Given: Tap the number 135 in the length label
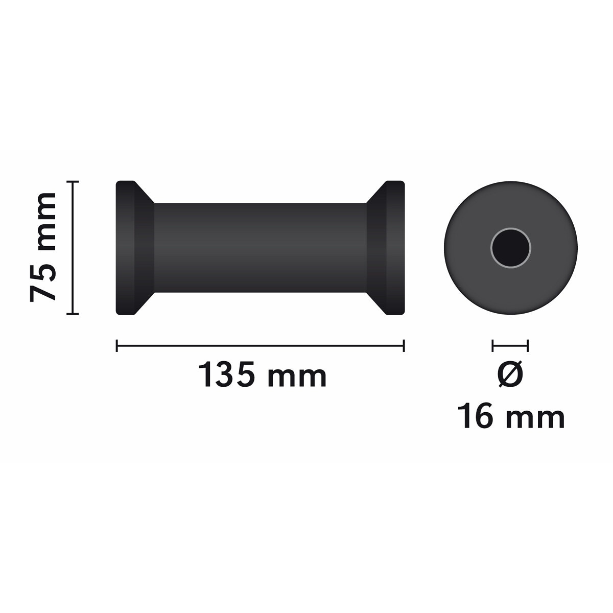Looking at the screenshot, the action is [x=226, y=374].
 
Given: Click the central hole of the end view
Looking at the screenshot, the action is [x=510, y=248].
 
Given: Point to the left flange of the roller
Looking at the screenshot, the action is [x=125, y=248].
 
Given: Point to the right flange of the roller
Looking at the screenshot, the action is [x=395, y=248].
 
